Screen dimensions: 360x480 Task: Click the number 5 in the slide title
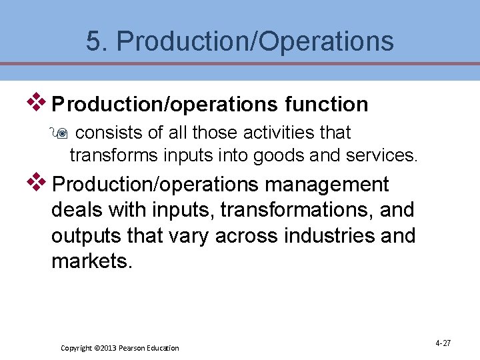[93, 41]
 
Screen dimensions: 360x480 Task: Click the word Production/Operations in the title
[255, 41]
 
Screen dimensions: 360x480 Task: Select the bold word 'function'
[326, 105]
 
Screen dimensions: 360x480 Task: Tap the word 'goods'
[277, 155]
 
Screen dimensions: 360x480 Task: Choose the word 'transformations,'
[298, 210]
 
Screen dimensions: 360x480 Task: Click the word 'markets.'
[92, 261]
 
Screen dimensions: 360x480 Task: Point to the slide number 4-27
[443, 343]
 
